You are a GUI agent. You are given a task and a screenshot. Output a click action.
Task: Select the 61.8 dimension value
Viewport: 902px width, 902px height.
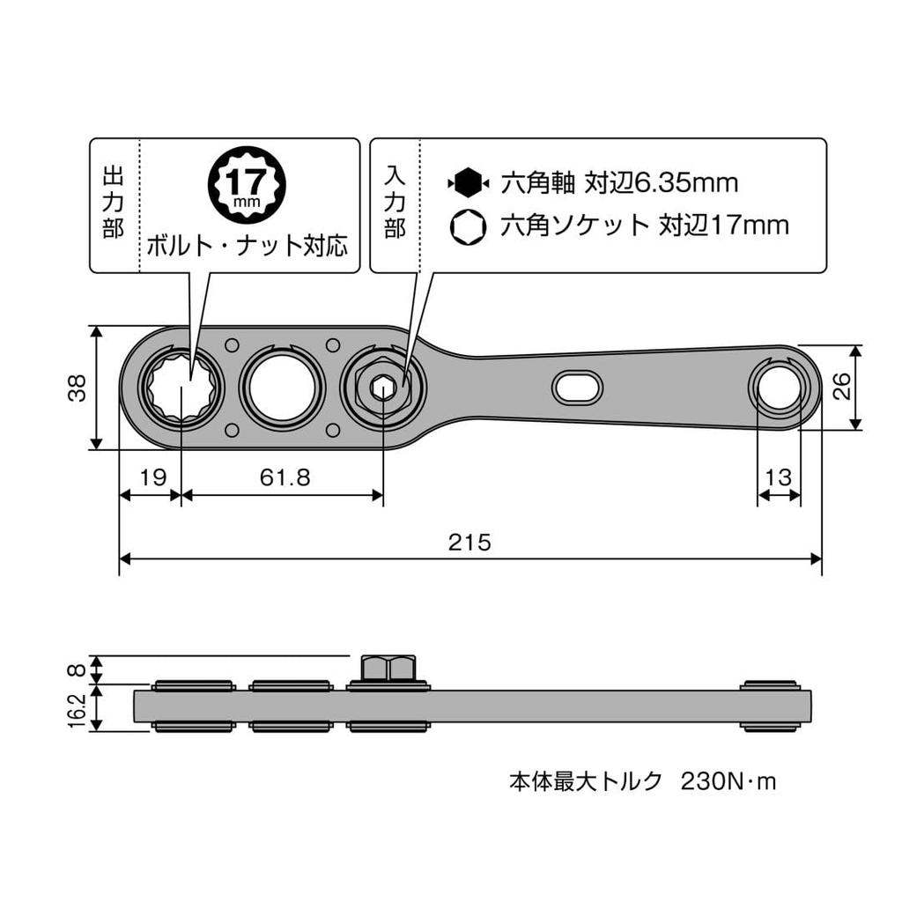tap(285, 477)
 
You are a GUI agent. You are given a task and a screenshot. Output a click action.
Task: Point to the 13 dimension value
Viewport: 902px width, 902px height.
tap(779, 477)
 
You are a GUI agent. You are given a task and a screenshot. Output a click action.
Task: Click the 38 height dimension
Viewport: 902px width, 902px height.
tap(78, 388)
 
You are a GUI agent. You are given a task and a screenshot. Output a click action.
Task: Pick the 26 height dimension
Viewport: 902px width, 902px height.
tap(843, 386)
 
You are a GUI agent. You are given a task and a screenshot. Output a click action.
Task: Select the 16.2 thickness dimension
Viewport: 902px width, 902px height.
tap(78, 709)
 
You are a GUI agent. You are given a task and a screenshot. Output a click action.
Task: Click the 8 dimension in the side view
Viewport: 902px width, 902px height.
tap(78, 669)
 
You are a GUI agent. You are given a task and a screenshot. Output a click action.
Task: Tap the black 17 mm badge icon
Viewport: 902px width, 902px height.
tap(240, 183)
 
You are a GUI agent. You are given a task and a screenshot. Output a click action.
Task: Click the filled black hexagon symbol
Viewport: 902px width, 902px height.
tap(469, 183)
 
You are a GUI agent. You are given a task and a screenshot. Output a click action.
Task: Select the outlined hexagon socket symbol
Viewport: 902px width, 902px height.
tap(468, 227)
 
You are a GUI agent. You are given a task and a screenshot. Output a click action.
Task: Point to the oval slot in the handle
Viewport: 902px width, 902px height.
tap(577, 387)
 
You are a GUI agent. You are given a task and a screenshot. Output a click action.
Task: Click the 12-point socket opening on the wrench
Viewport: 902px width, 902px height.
tap(181, 388)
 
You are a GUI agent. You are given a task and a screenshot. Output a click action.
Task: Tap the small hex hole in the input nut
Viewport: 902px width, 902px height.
tap(382, 388)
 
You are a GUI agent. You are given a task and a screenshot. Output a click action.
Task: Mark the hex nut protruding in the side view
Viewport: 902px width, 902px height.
tap(388, 669)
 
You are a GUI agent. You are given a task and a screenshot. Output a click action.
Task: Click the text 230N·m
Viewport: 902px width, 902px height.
tap(728, 781)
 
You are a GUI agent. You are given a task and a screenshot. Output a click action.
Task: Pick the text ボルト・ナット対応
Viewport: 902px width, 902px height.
tap(247, 245)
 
